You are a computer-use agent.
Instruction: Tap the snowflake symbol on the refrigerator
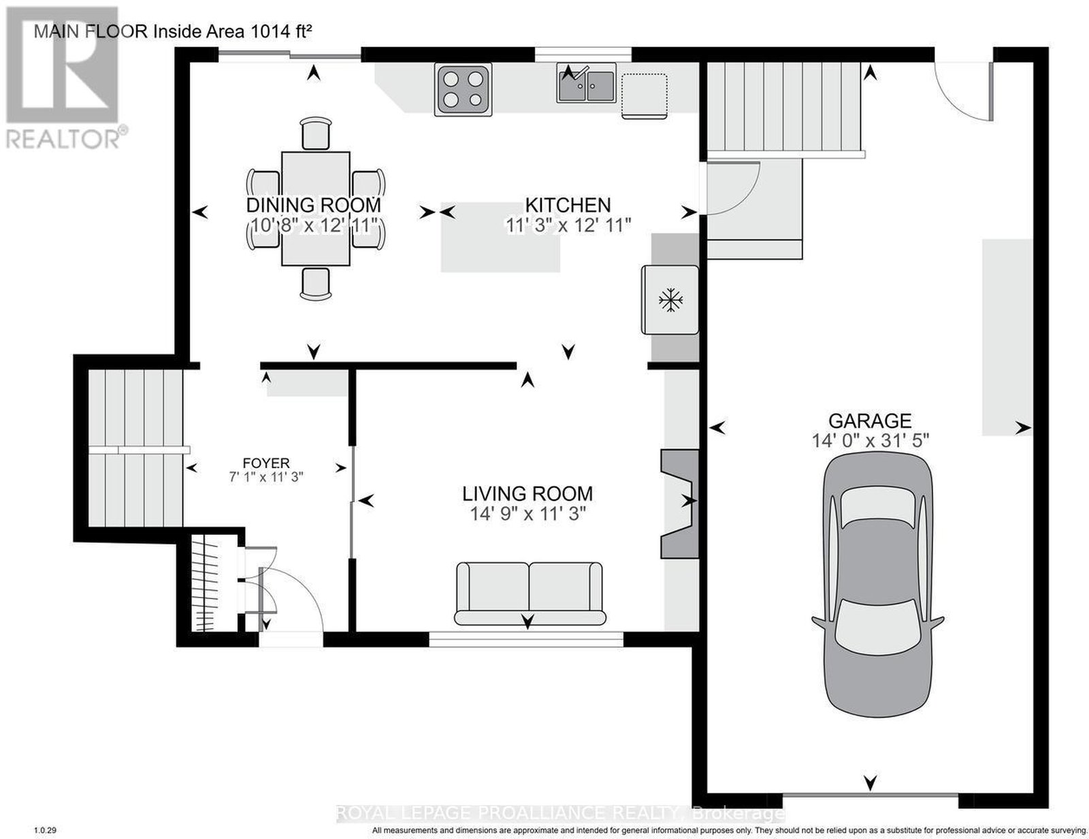click(x=670, y=300)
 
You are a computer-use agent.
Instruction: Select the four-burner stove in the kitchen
click(x=463, y=91)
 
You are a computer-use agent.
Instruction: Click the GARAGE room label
click(x=870, y=421)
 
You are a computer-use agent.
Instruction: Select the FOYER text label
click(x=265, y=463)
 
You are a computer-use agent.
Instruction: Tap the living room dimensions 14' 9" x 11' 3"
click(x=527, y=514)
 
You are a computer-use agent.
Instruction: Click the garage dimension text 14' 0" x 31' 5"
click(x=871, y=441)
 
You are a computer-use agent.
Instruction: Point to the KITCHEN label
click(x=568, y=205)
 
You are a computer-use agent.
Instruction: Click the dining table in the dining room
click(x=316, y=208)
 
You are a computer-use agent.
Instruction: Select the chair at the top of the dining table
click(x=316, y=133)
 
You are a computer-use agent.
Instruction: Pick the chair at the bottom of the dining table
click(x=316, y=284)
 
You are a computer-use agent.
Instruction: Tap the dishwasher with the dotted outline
click(x=645, y=96)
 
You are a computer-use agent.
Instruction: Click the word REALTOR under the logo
click(x=63, y=139)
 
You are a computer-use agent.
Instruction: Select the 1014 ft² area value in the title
click(x=281, y=31)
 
